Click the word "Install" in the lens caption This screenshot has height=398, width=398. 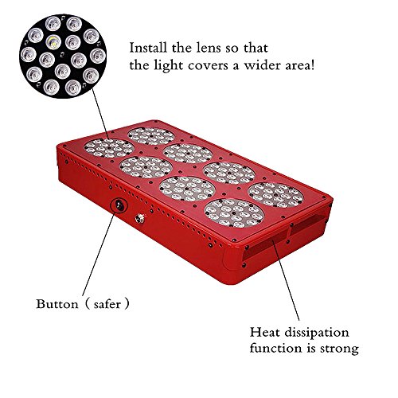point(148,48)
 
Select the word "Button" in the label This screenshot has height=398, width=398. point(57,304)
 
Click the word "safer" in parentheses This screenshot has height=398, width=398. point(107,304)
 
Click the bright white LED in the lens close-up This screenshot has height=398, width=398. point(53,42)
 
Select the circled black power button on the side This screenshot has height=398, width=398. point(119,205)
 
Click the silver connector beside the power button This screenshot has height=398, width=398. point(140,219)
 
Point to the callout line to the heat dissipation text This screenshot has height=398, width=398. point(286,279)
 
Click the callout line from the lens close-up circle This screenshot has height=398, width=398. point(100,114)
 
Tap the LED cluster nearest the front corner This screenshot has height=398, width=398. point(234,213)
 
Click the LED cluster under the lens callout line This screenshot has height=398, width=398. point(109,148)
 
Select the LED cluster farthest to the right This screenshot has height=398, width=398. point(276,195)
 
